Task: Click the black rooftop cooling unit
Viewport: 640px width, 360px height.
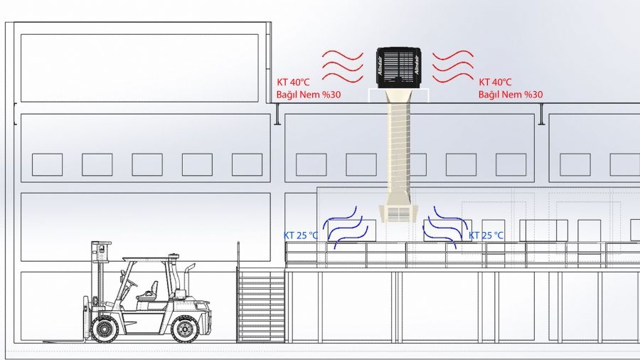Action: [x=398, y=68]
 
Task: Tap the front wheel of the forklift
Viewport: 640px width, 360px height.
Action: [x=105, y=328]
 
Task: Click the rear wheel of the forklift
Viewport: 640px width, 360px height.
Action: [x=185, y=328]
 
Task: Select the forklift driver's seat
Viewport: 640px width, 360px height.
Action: [x=149, y=291]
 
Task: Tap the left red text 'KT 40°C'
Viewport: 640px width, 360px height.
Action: [x=293, y=83]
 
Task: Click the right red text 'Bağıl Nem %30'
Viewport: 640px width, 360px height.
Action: [x=510, y=95]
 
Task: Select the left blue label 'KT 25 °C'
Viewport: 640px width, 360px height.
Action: [x=300, y=235]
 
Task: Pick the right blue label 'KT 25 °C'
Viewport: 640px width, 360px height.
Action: [x=486, y=235]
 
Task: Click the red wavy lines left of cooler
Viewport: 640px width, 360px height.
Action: [x=343, y=67]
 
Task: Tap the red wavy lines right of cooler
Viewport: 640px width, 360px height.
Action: [x=453, y=67]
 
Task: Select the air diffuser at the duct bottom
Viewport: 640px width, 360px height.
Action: [x=398, y=213]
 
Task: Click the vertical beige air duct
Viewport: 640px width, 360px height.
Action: [x=398, y=151]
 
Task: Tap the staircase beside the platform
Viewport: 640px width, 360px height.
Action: [x=260, y=304]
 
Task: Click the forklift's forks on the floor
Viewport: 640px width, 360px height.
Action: [x=65, y=341]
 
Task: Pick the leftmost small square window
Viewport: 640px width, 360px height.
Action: [x=48, y=164]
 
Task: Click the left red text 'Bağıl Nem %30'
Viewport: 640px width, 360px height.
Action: [x=309, y=95]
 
